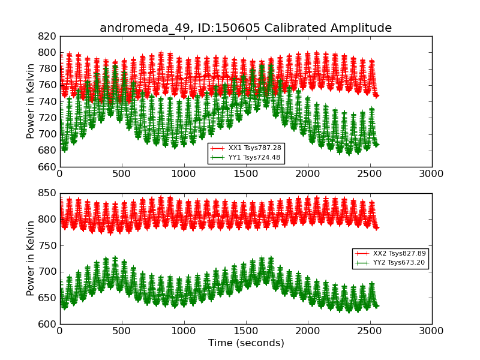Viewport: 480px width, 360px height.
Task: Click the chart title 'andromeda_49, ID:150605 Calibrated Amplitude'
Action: coord(245,28)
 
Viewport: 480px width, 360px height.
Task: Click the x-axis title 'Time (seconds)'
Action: coord(246,343)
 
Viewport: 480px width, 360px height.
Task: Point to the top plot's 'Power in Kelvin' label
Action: coord(31,101)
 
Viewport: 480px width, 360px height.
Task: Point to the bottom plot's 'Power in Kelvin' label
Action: coord(31,259)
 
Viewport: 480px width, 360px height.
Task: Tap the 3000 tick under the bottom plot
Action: coord(431,331)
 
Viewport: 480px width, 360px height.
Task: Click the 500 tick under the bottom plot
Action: coord(122,331)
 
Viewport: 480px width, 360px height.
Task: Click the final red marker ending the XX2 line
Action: coord(376,227)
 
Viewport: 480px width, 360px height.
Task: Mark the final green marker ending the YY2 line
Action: coord(376,306)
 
